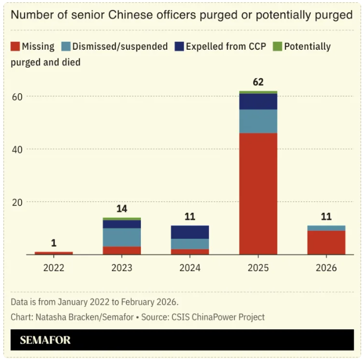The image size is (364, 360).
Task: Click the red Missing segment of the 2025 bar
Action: [x=258, y=193]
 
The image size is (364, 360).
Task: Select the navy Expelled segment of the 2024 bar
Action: [x=190, y=232]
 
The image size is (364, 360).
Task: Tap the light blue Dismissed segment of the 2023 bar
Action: [x=122, y=237]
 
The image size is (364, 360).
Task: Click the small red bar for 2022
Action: [x=54, y=253]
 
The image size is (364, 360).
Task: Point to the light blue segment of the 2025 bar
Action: [x=258, y=121]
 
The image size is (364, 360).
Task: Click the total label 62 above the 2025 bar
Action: [x=258, y=82]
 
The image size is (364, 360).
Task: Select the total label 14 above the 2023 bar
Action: [x=122, y=209]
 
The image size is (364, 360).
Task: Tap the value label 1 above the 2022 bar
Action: [x=54, y=243]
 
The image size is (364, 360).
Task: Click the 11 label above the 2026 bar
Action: [x=326, y=216]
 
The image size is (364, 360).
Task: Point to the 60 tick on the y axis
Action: [x=17, y=97]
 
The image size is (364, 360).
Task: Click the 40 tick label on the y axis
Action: [x=17, y=149]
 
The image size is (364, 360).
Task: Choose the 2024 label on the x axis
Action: [x=190, y=268]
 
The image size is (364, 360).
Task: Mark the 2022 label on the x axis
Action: [x=54, y=268]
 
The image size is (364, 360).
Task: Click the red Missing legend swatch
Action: [x=16, y=46]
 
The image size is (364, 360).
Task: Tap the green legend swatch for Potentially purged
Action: [x=277, y=46]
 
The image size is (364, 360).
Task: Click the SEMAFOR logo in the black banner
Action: [x=45, y=340]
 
